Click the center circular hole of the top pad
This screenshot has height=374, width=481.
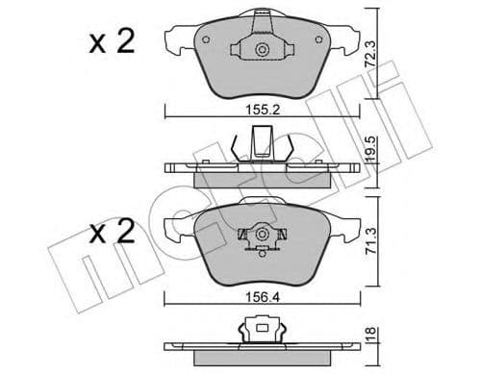[261, 49]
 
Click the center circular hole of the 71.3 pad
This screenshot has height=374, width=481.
[261, 234]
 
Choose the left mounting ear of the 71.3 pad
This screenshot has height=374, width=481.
[177, 228]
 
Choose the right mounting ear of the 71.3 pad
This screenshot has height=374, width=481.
[345, 228]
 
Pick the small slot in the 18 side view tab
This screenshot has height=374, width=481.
[261, 333]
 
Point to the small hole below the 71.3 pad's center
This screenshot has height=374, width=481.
[261, 252]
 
